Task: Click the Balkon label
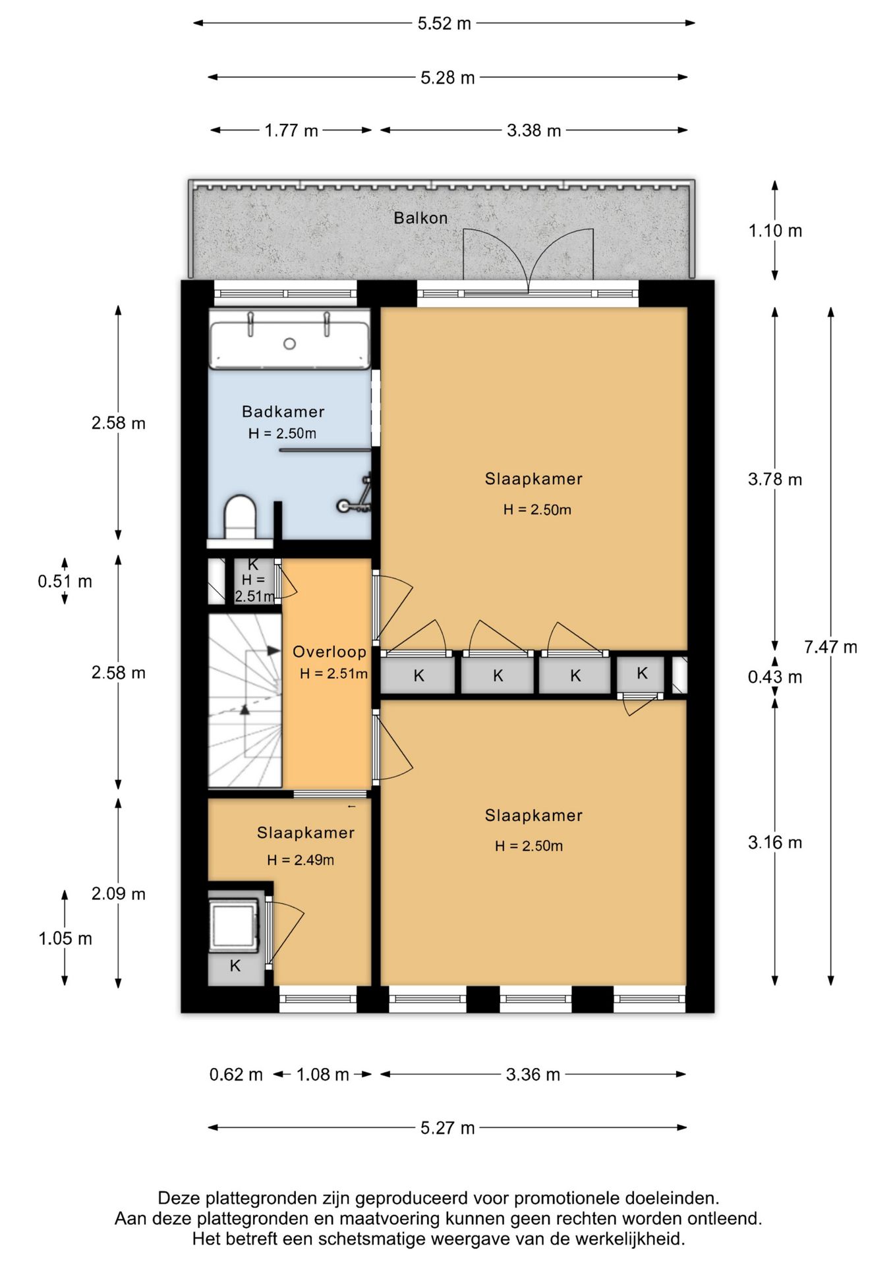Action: (420, 218)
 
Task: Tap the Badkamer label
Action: (283, 412)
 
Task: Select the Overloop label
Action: (330, 652)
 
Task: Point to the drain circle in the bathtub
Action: (289, 344)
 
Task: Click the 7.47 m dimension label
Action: (830, 647)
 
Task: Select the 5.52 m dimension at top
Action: (444, 24)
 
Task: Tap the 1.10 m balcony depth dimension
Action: (775, 231)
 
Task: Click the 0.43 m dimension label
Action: (775, 677)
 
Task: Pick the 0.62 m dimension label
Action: (236, 1075)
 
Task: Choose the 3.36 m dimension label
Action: (533, 1075)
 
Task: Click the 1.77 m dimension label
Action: (291, 130)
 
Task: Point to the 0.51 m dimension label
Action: (65, 581)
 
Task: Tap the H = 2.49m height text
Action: (301, 860)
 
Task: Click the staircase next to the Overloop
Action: (245, 700)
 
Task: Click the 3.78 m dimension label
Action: (775, 479)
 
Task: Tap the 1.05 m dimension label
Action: (65, 938)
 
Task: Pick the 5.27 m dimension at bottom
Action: (447, 1128)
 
